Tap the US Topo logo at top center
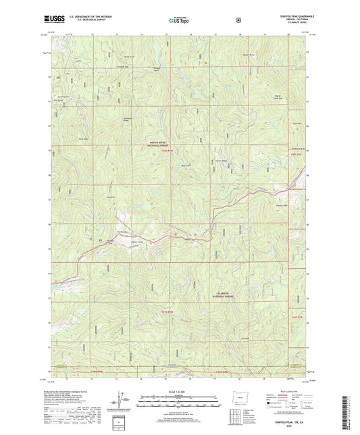tap(179, 21)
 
